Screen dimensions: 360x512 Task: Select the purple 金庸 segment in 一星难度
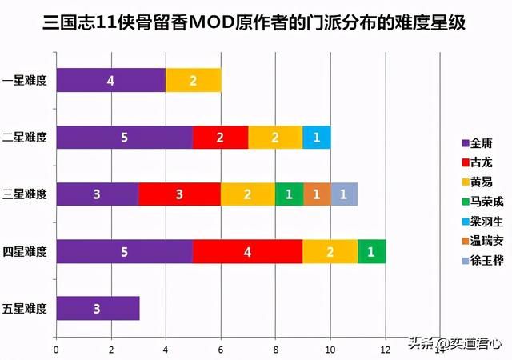(x=110, y=80)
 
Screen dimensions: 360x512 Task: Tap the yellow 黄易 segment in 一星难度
(x=193, y=80)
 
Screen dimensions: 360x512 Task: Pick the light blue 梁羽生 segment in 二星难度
(x=316, y=137)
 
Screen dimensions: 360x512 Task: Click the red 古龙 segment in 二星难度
(x=220, y=137)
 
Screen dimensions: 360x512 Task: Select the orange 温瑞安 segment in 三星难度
(x=316, y=194)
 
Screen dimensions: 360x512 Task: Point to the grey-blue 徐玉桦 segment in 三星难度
(x=343, y=194)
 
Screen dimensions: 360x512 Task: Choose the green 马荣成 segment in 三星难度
(x=289, y=194)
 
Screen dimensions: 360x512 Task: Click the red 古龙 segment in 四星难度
(x=247, y=251)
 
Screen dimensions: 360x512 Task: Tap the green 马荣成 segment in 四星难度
(x=371, y=251)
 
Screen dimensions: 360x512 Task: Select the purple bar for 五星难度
(x=97, y=309)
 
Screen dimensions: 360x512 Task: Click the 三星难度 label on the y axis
(x=25, y=194)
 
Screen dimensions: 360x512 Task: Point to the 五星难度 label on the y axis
(x=25, y=309)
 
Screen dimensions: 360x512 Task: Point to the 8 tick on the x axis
(x=275, y=350)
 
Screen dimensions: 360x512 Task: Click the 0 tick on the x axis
(x=56, y=350)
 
